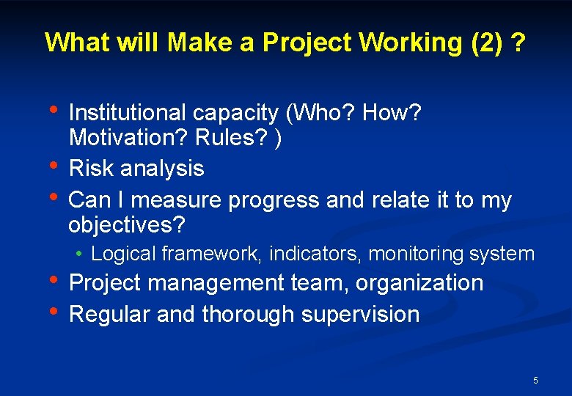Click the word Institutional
(x=128, y=113)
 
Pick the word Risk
(x=92, y=169)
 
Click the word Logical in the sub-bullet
(x=124, y=254)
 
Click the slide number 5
(x=535, y=381)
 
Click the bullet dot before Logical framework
(x=79, y=254)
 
